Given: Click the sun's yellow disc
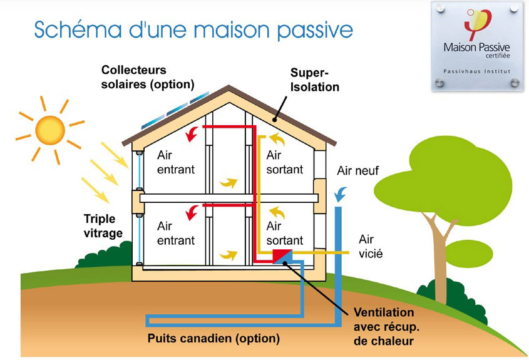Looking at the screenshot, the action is pyautogui.click(x=50, y=130).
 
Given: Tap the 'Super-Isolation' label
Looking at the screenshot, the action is pyautogui.click(x=314, y=80).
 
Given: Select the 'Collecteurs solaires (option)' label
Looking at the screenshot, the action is pyautogui.click(x=148, y=77).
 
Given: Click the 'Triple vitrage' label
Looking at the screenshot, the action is pyautogui.click(x=103, y=226).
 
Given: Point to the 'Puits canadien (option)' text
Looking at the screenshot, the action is pyautogui.click(x=213, y=338).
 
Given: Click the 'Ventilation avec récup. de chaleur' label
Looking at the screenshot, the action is pyautogui.click(x=386, y=327).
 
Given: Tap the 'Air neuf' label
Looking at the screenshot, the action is pyautogui.click(x=357, y=171).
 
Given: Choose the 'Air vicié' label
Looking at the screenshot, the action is pyautogui.click(x=371, y=246).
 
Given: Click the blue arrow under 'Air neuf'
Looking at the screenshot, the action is pyautogui.click(x=341, y=194).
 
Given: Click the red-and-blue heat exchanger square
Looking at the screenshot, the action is pyautogui.click(x=282, y=256).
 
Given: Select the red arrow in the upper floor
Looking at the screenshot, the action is pyautogui.click(x=192, y=135).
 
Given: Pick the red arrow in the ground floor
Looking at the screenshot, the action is pyautogui.click(x=192, y=213).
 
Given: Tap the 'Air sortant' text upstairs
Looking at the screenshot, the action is pyautogui.click(x=284, y=162).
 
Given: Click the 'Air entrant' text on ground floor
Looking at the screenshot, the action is pyautogui.click(x=176, y=233).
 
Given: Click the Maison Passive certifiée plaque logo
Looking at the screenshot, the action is pyautogui.click(x=478, y=24).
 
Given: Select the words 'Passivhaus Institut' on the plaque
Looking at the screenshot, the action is pyautogui.click(x=476, y=71).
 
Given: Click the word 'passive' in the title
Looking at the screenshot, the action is pyautogui.click(x=315, y=30).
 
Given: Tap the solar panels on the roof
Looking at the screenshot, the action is pyautogui.click(x=175, y=110).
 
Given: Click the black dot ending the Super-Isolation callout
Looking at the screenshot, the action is pyautogui.click(x=275, y=120).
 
